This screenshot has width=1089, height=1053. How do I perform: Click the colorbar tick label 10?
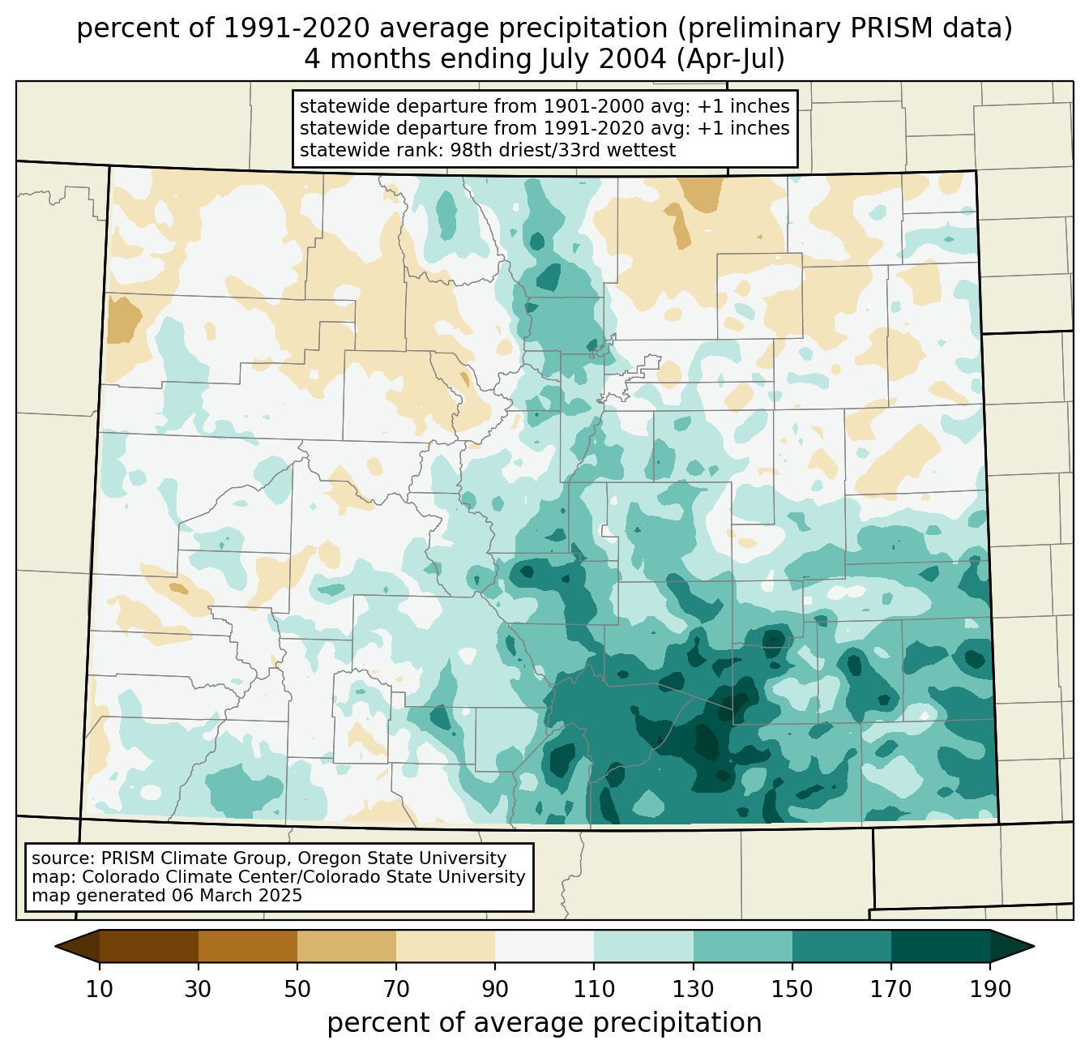[100, 990]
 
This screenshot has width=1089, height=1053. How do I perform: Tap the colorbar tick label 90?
[495, 990]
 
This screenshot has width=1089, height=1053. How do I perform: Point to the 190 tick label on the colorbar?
[989, 990]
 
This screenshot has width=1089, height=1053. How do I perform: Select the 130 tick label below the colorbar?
[693, 990]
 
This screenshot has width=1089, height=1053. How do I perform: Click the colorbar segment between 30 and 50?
[248, 946]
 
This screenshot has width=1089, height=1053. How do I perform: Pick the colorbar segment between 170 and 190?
[940, 946]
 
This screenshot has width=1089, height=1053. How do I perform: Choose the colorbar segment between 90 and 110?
[544, 946]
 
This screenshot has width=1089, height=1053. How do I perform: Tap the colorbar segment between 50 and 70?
[347, 946]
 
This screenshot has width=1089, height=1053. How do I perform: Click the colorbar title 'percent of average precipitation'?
[544, 1023]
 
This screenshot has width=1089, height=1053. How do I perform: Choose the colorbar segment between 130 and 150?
[742, 946]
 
